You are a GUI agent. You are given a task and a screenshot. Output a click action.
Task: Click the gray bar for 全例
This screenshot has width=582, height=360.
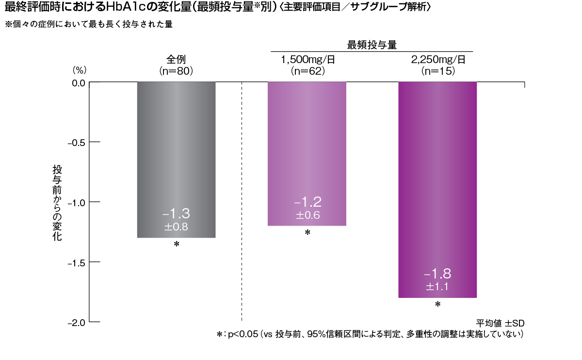(x=176, y=146)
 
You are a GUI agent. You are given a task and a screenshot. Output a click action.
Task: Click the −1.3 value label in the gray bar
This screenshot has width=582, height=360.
(x=176, y=213)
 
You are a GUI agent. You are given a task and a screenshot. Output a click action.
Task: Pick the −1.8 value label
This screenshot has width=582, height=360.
(x=437, y=273)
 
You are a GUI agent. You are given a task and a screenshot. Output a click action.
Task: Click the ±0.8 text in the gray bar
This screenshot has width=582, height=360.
(x=176, y=227)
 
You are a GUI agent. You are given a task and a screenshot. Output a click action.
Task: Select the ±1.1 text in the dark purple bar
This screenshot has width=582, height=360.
(x=437, y=287)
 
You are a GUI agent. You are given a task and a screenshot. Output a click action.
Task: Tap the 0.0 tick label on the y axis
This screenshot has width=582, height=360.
(x=77, y=82)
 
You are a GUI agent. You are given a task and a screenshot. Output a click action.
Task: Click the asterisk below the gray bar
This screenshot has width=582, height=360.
(x=177, y=245)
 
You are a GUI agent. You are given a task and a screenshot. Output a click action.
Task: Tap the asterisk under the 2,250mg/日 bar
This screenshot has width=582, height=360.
(x=437, y=305)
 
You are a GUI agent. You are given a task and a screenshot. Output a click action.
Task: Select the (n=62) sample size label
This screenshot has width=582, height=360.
(x=307, y=71)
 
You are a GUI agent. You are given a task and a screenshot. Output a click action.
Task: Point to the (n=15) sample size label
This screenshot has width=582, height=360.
(x=438, y=71)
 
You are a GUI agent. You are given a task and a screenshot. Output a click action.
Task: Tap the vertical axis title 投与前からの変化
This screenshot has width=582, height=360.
(x=57, y=204)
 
